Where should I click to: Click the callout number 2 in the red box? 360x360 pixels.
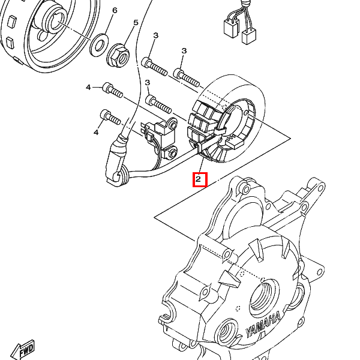[x=198, y=179]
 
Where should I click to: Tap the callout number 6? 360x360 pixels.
[x=115, y=10]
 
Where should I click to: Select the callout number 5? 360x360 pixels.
[x=136, y=23]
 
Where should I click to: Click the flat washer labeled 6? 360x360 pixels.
[x=99, y=45]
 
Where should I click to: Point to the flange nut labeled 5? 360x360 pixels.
[x=118, y=56]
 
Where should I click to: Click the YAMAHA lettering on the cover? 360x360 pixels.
[x=263, y=325]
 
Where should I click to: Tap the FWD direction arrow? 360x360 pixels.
[x=23, y=349]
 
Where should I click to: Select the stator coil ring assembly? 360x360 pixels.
[x=226, y=119]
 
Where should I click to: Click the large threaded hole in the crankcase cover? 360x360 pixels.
[x=263, y=297]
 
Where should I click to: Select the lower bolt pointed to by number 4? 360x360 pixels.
[x=110, y=117]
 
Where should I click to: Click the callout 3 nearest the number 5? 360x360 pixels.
[x=156, y=35]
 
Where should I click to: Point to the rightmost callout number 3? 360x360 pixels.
[x=184, y=51]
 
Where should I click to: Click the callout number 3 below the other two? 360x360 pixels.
[x=148, y=83]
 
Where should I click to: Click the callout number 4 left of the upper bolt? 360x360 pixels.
[x=88, y=87]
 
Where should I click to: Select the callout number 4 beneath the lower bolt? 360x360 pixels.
[x=96, y=132]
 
